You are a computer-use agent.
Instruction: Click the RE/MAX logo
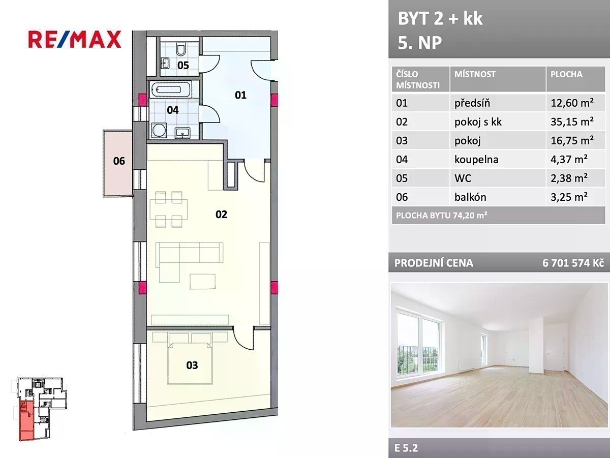(75, 39)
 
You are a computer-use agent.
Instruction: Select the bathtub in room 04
(170, 90)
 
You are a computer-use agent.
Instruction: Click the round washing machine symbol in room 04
(159, 130)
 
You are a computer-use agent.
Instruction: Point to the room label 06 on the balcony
(119, 161)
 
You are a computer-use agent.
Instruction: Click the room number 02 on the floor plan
(221, 215)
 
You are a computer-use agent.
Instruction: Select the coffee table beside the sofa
(203, 282)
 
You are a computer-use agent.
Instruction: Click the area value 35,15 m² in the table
(572, 121)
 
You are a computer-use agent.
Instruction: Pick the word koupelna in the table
(476, 159)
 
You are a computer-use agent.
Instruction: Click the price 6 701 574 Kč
(573, 263)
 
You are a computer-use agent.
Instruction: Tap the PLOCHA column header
(566, 74)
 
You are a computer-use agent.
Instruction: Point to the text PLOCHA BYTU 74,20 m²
(442, 216)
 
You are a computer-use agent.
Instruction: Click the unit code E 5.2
(406, 448)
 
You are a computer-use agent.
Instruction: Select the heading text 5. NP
(420, 43)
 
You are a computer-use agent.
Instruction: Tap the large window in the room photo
(419, 342)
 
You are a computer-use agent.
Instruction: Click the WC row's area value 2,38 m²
(569, 178)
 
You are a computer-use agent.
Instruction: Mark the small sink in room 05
(165, 64)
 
